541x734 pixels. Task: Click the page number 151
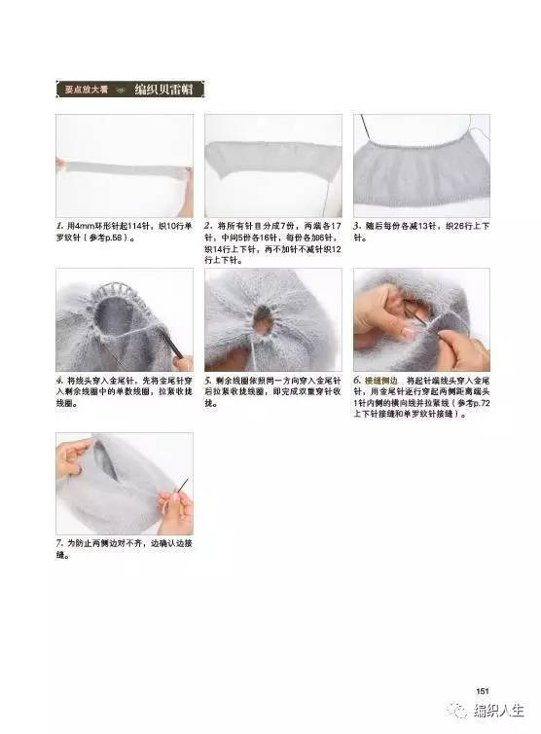(481, 691)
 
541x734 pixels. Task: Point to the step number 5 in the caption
(208, 379)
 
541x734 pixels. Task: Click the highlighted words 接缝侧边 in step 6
(380, 379)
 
